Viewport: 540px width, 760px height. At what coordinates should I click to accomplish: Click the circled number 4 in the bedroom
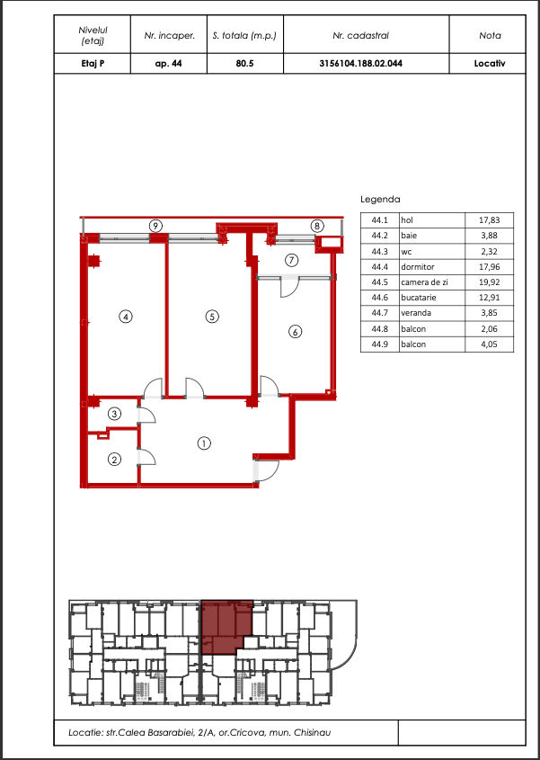pyautogui.click(x=126, y=317)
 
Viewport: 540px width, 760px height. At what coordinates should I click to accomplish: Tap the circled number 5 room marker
pyautogui.click(x=212, y=317)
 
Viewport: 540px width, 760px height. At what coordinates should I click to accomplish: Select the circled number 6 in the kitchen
pyautogui.click(x=296, y=332)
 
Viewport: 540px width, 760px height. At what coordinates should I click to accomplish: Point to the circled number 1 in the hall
pyautogui.click(x=204, y=443)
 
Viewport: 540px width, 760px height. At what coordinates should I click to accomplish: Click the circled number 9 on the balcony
pyautogui.click(x=155, y=226)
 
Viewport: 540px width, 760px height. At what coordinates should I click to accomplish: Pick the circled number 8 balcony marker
pyautogui.click(x=317, y=226)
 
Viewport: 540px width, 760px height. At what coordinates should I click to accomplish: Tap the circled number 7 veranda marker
pyautogui.click(x=291, y=260)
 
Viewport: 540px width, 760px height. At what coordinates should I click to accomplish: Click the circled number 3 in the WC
pyautogui.click(x=114, y=414)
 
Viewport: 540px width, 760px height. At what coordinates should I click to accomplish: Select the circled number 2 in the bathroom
pyautogui.click(x=114, y=460)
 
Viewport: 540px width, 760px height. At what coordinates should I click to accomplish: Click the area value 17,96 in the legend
pyautogui.click(x=489, y=266)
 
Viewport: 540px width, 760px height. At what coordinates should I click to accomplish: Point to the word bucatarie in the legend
pyautogui.click(x=419, y=298)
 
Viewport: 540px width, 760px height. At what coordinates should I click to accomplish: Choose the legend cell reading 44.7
pyautogui.click(x=380, y=313)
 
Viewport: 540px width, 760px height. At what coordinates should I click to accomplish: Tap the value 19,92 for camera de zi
pyautogui.click(x=489, y=282)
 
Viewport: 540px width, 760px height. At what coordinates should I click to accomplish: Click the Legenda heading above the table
pyautogui.click(x=380, y=199)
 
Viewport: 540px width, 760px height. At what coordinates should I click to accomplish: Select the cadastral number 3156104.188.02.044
pyautogui.click(x=361, y=64)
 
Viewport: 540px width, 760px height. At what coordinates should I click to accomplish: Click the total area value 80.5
pyautogui.click(x=244, y=64)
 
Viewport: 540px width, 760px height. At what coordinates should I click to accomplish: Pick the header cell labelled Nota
pyautogui.click(x=490, y=35)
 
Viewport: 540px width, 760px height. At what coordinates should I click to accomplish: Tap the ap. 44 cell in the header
pyautogui.click(x=169, y=64)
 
